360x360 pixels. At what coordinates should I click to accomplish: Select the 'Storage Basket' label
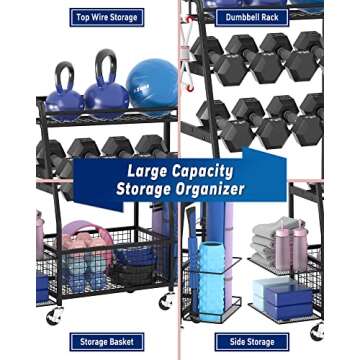tap(107, 342)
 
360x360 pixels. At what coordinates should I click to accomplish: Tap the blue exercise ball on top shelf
tap(152, 83)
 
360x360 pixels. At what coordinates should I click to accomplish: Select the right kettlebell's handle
tap(105, 66)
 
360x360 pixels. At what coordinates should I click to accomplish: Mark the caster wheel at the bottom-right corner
tap(317, 330)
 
